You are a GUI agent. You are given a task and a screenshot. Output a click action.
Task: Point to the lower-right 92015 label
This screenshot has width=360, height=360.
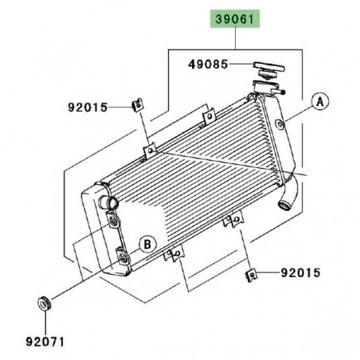299,273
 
